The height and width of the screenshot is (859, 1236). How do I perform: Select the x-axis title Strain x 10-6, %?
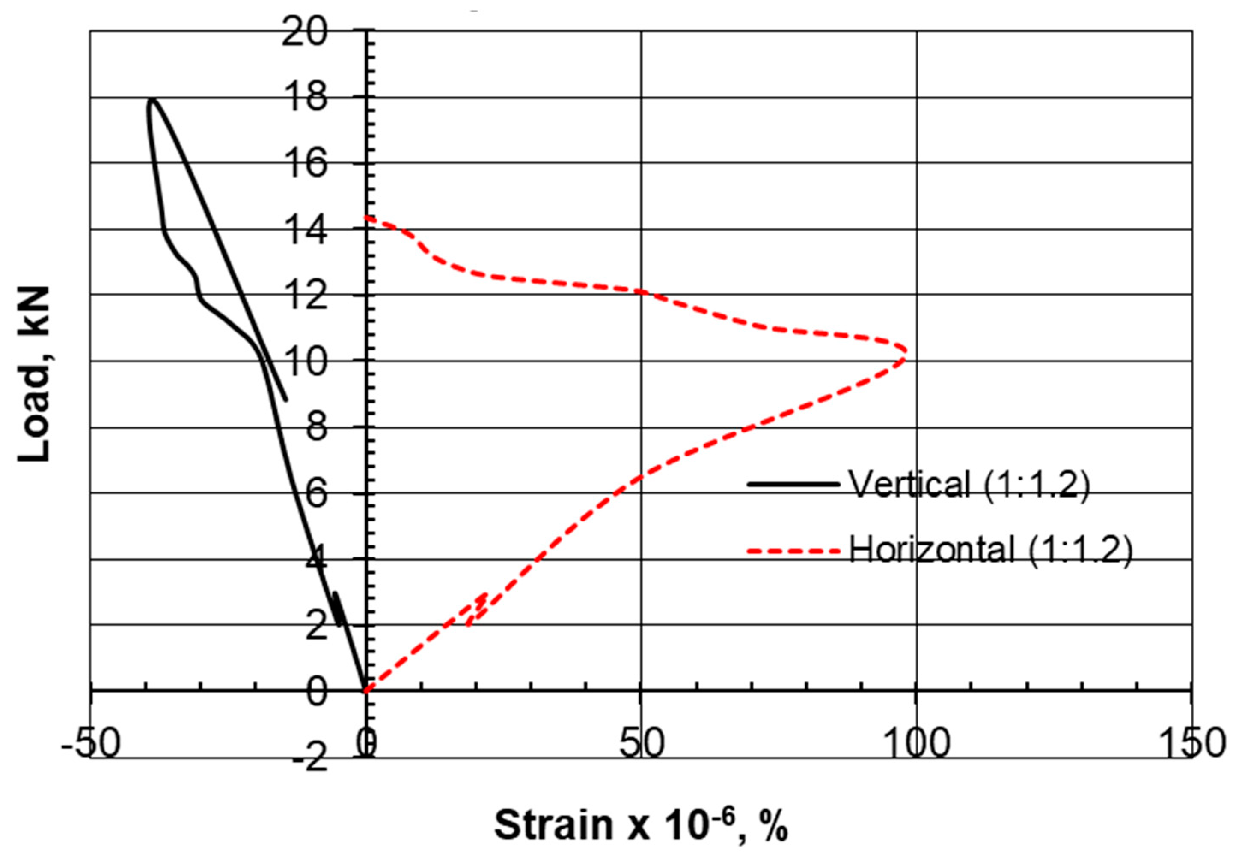[641, 825]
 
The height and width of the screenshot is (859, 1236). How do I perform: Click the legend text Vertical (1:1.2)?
[969, 484]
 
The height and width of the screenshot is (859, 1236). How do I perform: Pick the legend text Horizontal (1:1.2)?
[990, 550]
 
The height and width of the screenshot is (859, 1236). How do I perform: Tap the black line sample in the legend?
[793, 484]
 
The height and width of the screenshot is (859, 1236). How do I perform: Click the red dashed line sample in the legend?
[793, 551]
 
